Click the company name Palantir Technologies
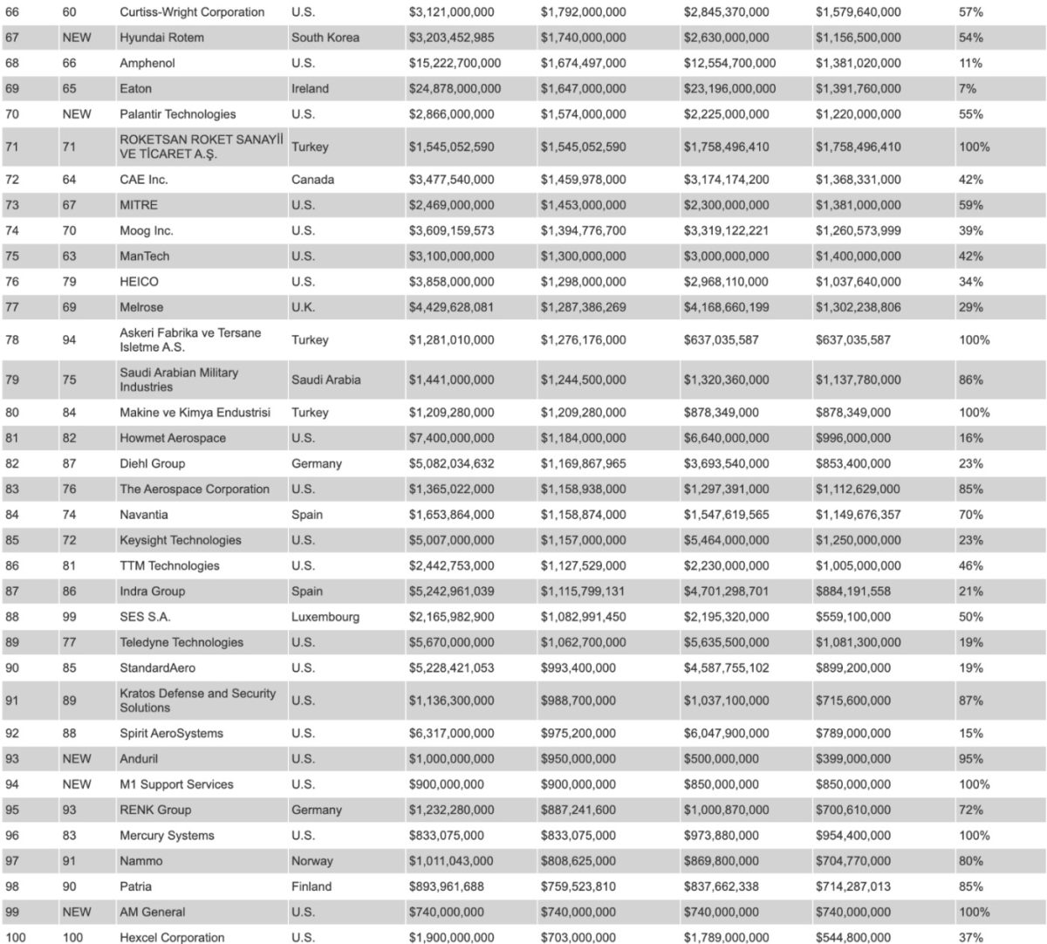pyautogui.click(x=177, y=114)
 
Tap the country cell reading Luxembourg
pyautogui.click(x=325, y=617)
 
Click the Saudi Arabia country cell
pyautogui.click(x=325, y=380)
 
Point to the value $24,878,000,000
pyautogui.click(x=455, y=89)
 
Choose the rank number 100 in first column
pyautogui.click(x=17, y=937)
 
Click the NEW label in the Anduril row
pyautogui.click(x=77, y=759)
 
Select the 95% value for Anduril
pyautogui.click(x=970, y=759)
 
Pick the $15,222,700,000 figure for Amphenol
pyautogui.click(x=455, y=64)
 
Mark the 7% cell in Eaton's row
pyautogui.click(x=967, y=89)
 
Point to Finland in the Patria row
pyautogui.click(x=311, y=886)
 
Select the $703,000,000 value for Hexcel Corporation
pyautogui.click(x=578, y=937)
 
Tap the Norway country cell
pyautogui.click(x=312, y=861)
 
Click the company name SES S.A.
pyautogui.click(x=145, y=617)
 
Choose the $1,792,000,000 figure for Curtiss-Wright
pyautogui.click(x=583, y=12)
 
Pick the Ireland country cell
pyautogui.click(x=310, y=89)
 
